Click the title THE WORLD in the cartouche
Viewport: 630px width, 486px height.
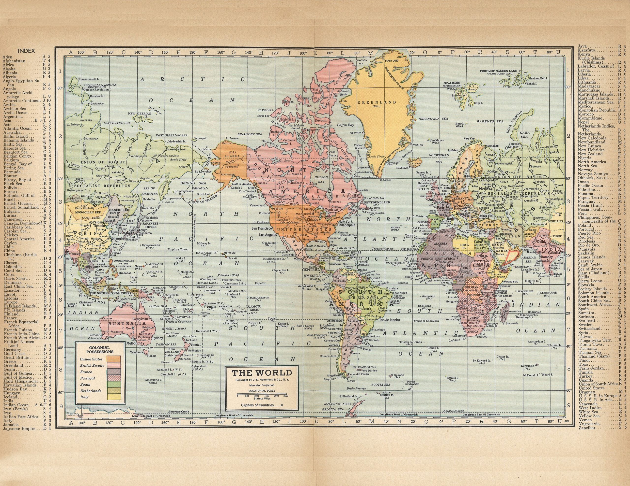click(262, 373)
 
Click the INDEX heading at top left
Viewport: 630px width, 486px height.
click(26, 51)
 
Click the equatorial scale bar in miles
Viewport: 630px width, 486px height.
click(262, 394)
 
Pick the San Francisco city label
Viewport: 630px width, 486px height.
click(262, 229)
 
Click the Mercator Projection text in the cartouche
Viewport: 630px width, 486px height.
click(262, 385)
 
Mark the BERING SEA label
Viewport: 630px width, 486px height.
click(189, 183)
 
